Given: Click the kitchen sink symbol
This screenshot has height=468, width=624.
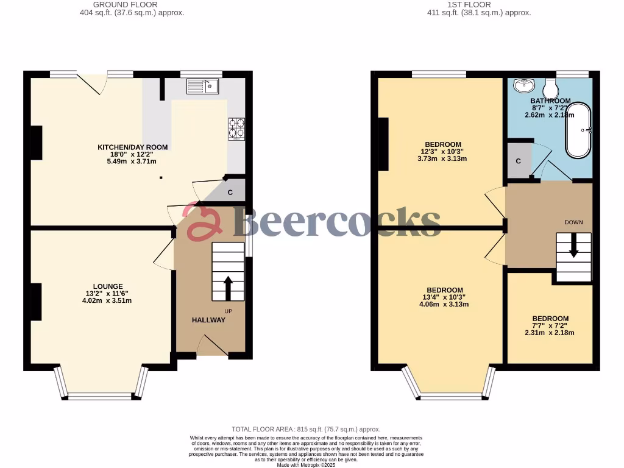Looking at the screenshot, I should tap(203, 87).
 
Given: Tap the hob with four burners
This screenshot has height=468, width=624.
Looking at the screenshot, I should tap(237, 129).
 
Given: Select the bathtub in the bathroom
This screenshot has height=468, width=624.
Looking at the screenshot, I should tap(578, 130).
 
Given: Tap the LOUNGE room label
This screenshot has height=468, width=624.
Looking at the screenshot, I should tap(108, 286).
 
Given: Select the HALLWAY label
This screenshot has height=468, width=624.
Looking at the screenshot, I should tap(208, 320).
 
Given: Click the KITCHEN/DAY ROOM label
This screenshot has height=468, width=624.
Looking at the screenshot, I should tap(133, 147).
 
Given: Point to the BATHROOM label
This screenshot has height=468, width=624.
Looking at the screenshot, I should tap(550, 101).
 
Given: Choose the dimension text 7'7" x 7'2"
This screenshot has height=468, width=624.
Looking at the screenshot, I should tap(550, 325).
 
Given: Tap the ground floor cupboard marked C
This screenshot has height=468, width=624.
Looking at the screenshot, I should tap(230, 193).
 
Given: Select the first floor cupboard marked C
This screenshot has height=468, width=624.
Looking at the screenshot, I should tap(518, 161).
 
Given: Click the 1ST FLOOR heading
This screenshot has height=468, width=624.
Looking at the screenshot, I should tap(469, 4).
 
